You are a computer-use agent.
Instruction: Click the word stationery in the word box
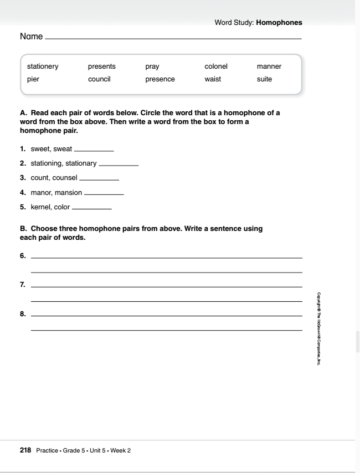tap(43, 66)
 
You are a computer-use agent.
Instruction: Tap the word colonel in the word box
tap(216, 66)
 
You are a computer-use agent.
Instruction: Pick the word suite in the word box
tap(265, 79)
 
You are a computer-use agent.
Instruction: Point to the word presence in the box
tap(160, 80)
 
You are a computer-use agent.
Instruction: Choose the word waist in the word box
tap(213, 79)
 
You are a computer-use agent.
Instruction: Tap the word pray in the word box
tap(152, 67)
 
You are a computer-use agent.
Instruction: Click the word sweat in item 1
tap(62, 149)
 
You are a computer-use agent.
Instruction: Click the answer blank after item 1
tap(94, 151)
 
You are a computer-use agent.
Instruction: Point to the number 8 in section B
tap(23, 314)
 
